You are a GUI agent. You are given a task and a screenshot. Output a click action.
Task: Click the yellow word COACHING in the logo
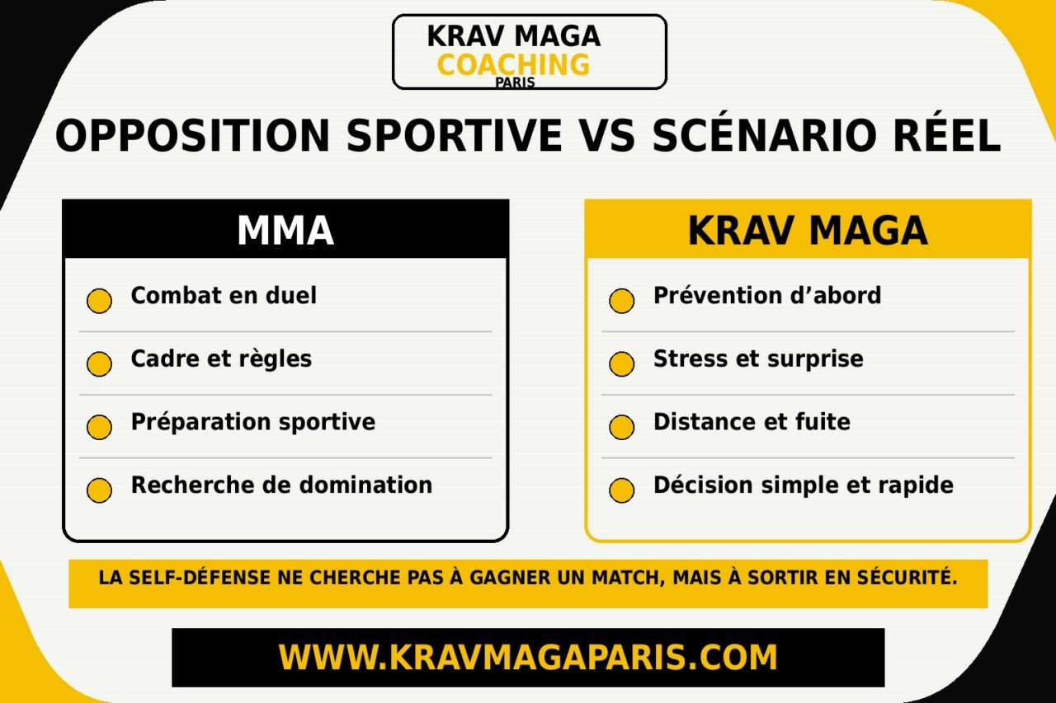pyautogui.click(x=513, y=65)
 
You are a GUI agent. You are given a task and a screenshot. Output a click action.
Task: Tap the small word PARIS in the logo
pyautogui.click(x=515, y=82)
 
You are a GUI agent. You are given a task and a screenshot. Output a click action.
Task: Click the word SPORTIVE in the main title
pyautogui.click(x=454, y=135)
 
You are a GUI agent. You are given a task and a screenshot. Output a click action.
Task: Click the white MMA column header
pyautogui.click(x=285, y=230)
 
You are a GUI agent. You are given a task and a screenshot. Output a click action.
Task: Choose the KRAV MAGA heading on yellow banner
pyautogui.click(x=808, y=230)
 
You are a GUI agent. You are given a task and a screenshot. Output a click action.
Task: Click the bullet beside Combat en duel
pyautogui.click(x=100, y=301)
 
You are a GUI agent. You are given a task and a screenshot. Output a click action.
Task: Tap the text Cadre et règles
pyautogui.click(x=221, y=359)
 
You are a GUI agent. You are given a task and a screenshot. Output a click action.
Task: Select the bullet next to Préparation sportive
pyautogui.click(x=100, y=427)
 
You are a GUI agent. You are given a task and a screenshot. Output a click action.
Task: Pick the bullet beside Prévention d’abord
pyautogui.click(x=622, y=301)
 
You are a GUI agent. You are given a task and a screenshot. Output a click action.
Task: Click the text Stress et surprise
pyautogui.click(x=758, y=359)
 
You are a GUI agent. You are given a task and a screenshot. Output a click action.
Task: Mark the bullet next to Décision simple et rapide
pyautogui.click(x=622, y=490)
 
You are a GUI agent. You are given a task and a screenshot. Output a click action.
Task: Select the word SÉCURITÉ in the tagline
pyautogui.click(x=907, y=577)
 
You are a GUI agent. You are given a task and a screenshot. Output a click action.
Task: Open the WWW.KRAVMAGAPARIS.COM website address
pyautogui.click(x=528, y=657)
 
